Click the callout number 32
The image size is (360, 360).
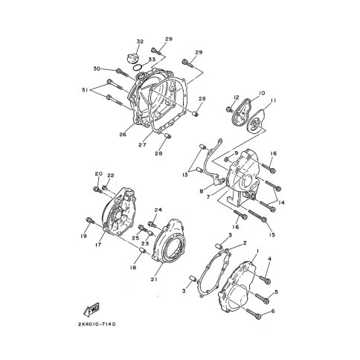(x=139, y=41)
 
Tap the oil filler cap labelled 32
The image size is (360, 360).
(x=132, y=58)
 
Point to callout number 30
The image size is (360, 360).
(x=97, y=69)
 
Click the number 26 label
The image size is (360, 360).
(x=123, y=135)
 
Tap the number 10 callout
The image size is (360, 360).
(x=261, y=94)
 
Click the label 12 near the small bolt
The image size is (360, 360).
(x=233, y=98)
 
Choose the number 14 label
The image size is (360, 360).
(x=282, y=202)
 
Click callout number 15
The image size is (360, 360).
(x=272, y=235)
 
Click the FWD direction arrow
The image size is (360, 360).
(x=93, y=309)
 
